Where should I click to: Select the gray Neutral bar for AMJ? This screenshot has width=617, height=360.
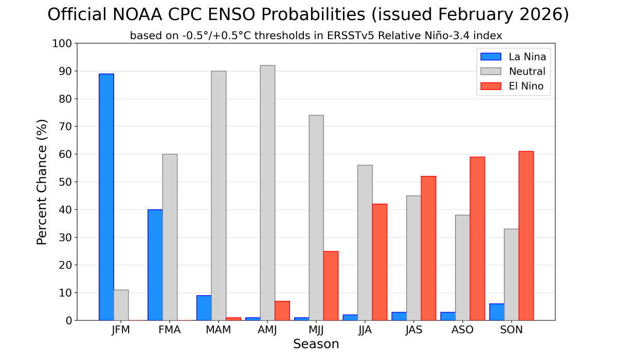pos(267,193)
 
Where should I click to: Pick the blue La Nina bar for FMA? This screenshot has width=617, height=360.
pos(155,265)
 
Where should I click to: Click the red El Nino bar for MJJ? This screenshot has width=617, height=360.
pos(331,285)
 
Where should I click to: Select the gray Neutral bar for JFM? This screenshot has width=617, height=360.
pos(121,305)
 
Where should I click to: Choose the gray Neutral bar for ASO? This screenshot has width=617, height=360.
pos(462,267)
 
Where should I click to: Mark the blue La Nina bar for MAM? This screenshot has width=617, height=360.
pos(204,308)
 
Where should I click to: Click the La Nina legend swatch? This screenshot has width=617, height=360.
pos(491,57)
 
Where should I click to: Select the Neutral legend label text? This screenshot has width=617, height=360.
pos(527,71)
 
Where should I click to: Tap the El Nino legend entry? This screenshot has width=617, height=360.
pos(526,86)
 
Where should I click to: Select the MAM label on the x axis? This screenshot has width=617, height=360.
pos(219,330)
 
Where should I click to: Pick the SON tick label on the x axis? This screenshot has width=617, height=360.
pos(511,330)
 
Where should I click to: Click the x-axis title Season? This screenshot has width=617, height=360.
pos(316,344)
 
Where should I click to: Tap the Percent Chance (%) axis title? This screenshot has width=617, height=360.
pos(42,182)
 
